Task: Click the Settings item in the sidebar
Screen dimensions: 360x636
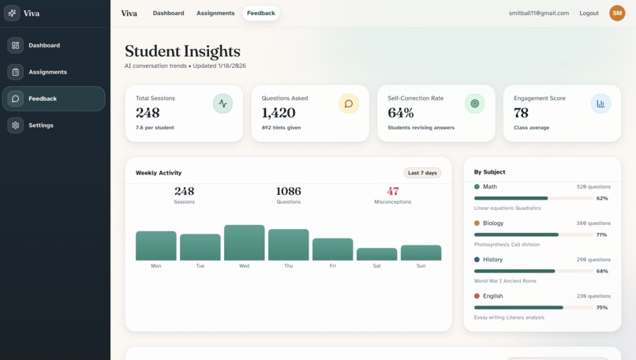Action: (41, 126)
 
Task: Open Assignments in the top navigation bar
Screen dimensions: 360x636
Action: (215, 13)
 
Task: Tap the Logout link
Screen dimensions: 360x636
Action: (589, 13)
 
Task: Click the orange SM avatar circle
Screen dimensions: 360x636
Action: (616, 13)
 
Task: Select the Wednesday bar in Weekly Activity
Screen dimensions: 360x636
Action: (244, 242)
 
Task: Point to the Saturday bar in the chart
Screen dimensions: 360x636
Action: (376, 254)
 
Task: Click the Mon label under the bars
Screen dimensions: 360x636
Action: (156, 266)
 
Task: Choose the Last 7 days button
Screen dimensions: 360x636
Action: (422, 173)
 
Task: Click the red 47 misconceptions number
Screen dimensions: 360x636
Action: (393, 191)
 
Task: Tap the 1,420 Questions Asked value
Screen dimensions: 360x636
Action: (279, 113)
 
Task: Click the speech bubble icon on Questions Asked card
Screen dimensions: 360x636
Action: (348, 103)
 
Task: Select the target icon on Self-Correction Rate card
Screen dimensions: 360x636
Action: (474, 103)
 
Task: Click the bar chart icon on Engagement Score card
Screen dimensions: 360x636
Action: (600, 103)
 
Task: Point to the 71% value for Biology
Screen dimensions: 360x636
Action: (602, 234)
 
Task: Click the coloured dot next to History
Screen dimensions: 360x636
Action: (477, 260)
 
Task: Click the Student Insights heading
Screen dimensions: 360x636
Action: (182, 52)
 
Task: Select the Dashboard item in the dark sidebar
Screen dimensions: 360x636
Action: (44, 46)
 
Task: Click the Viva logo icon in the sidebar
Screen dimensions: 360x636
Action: (12, 13)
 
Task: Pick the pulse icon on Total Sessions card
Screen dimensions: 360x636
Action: (223, 103)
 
